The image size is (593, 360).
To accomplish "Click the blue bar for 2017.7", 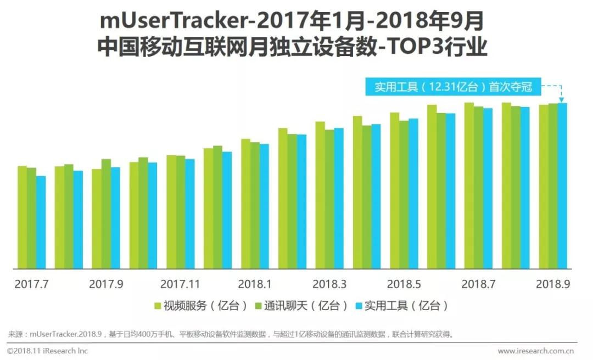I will click(41, 222).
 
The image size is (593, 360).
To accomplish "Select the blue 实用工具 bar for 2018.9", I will click(562, 186).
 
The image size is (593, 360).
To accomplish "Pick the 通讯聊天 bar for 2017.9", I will click(106, 214).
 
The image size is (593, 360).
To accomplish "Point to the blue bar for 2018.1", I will click(265, 206).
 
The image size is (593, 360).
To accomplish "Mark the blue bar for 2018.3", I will click(339, 198).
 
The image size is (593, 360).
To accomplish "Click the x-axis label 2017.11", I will click(180, 284).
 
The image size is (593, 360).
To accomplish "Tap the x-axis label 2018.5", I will click(404, 284).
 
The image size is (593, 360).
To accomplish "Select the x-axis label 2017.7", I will click(31, 284).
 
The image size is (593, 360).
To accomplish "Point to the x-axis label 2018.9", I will click(553, 284).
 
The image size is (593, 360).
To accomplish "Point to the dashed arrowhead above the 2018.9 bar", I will click(562, 99).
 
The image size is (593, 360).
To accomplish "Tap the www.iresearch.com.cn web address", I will click(536, 351).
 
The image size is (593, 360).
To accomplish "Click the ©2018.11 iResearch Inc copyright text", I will click(48, 351).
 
